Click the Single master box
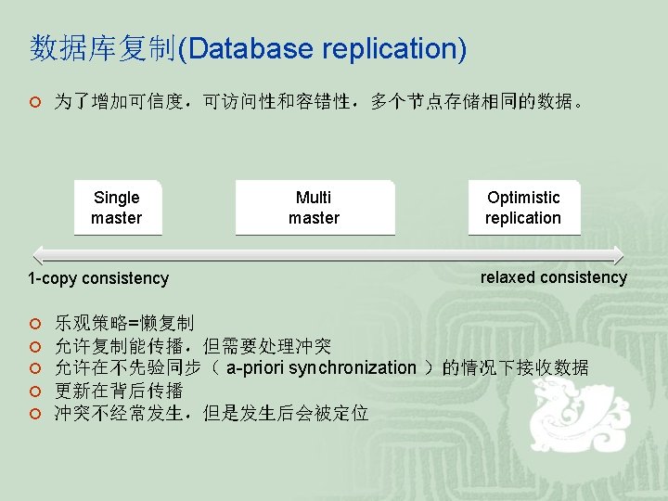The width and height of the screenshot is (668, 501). (117, 208)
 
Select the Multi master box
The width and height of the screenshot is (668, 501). (315, 208)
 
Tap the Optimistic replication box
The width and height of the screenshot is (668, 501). (523, 208)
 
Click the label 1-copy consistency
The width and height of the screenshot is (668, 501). (98, 278)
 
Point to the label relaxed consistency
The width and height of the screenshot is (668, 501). (554, 277)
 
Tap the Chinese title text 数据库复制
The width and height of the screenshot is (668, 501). (102, 48)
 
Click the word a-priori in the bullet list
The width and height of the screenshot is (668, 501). (255, 368)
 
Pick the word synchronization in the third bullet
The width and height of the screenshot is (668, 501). (353, 368)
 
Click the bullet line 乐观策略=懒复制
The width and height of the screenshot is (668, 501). (123, 324)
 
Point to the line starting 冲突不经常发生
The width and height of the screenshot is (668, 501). (211, 413)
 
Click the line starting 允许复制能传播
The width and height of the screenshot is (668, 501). (193, 346)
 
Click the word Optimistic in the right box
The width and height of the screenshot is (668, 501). (523, 198)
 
